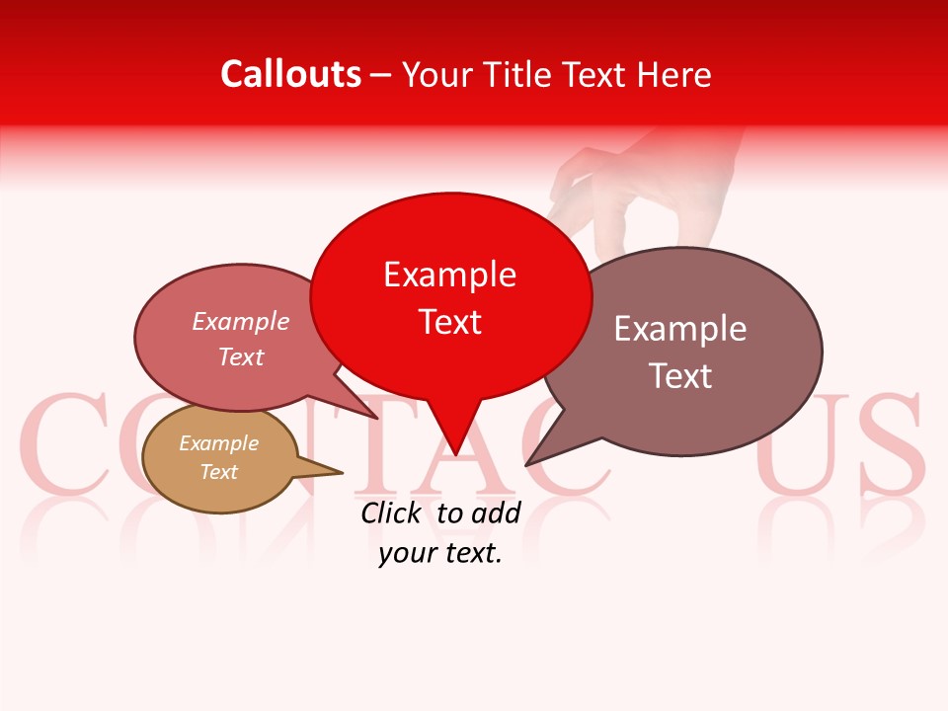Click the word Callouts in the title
tap(290, 74)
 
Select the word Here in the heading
tap(674, 75)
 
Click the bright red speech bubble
tap(450, 296)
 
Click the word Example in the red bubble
tap(449, 275)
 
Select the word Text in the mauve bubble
tap(680, 376)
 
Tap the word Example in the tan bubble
tap(218, 443)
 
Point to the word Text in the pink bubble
tap(241, 356)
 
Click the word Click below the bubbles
tap(390, 513)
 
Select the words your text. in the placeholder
tap(440, 553)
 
